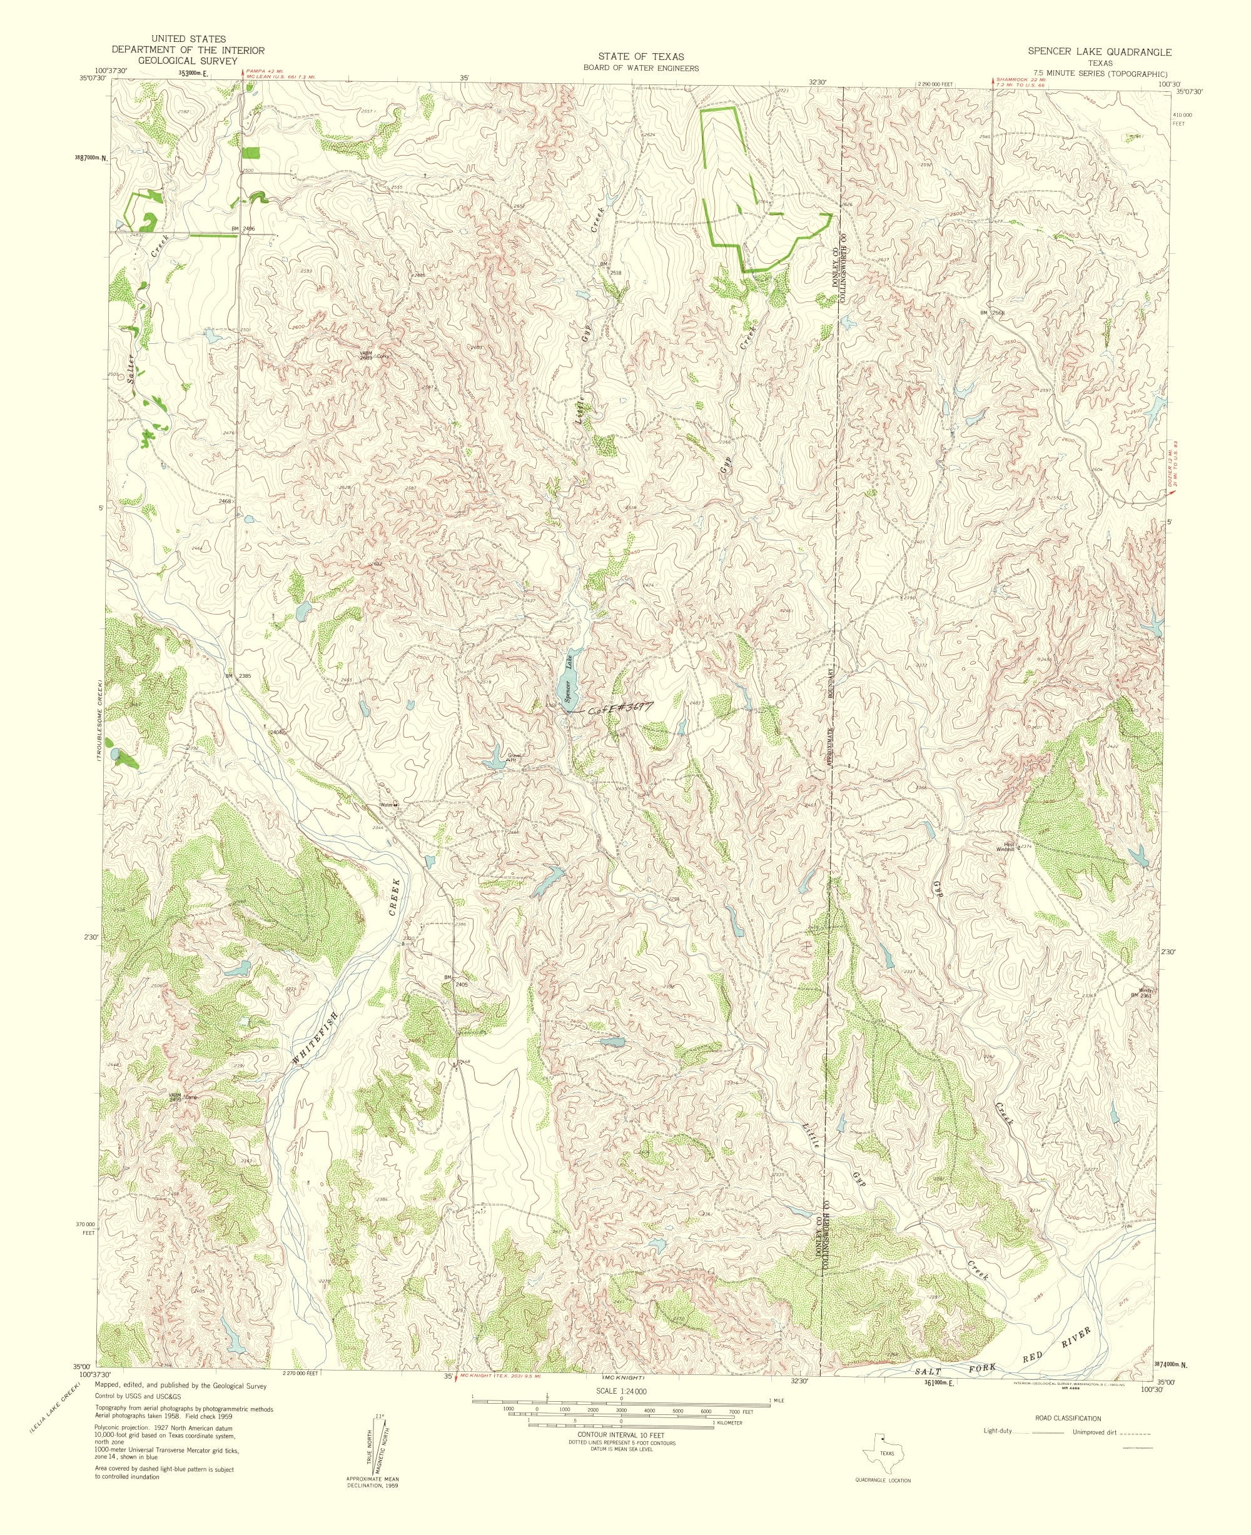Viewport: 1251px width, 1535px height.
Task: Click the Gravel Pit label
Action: pos(515,757)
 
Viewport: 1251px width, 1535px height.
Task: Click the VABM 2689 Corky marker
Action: pos(368,355)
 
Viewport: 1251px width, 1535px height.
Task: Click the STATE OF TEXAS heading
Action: pos(635,57)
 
